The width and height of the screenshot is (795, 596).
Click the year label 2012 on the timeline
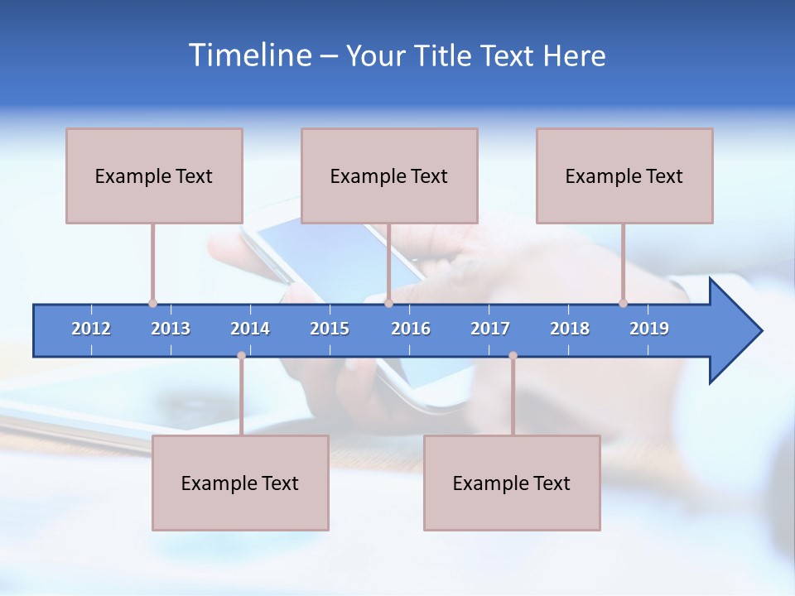91,329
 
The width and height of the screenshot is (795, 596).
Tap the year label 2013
171,329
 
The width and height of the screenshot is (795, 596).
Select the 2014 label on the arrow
250,329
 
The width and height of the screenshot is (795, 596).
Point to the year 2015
330,329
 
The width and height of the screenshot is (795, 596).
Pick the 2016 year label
411,329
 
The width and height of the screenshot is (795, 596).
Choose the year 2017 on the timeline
490,329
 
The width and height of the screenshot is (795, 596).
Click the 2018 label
570,329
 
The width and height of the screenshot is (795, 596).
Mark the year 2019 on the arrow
649,329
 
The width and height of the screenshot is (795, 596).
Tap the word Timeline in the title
248,55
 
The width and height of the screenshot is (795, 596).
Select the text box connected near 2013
154,175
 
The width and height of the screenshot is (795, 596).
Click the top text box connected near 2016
389,175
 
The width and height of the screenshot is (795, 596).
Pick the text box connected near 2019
624,175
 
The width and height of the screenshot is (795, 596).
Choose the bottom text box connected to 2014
240,483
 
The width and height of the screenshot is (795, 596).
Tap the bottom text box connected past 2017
512,483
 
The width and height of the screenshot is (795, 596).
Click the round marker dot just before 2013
152,304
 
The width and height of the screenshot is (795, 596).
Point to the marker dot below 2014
241,356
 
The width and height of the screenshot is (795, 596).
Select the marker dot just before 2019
623,304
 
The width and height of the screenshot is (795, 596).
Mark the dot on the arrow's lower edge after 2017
513,356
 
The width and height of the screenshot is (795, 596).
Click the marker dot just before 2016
388,304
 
